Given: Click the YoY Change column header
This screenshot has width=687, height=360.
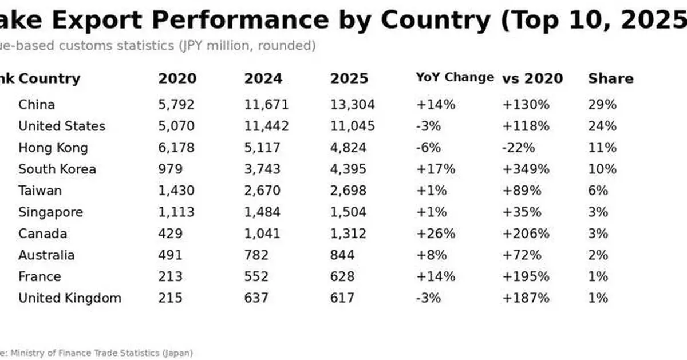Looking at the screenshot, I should [x=455, y=77].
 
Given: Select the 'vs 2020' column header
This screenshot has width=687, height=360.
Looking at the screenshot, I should [x=532, y=78].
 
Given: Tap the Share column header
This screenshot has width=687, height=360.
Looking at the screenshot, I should [x=610, y=78].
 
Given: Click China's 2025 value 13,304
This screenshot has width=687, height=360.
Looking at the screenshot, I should [x=352, y=105].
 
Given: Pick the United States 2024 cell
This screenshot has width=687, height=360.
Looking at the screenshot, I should [x=266, y=126].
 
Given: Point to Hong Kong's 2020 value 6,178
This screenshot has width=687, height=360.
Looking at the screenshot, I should [x=176, y=148].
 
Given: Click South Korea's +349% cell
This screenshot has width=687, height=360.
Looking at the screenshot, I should [x=526, y=169].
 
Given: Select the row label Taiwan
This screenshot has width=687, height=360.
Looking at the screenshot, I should [x=40, y=191].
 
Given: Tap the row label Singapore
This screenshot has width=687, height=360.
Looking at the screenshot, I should [x=50, y=212].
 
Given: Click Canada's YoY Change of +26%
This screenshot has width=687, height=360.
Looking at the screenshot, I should [x=436, y=234].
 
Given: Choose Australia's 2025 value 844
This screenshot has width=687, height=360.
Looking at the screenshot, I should [x=342, y=255].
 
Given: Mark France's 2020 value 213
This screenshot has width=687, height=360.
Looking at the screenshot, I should [x=170, y=276].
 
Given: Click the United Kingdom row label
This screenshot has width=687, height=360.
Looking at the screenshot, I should [x=70, y=298].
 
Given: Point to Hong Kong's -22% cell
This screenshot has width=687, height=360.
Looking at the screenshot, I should [x=518, y=148].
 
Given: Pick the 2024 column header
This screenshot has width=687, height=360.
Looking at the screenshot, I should [x=263, y=78].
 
